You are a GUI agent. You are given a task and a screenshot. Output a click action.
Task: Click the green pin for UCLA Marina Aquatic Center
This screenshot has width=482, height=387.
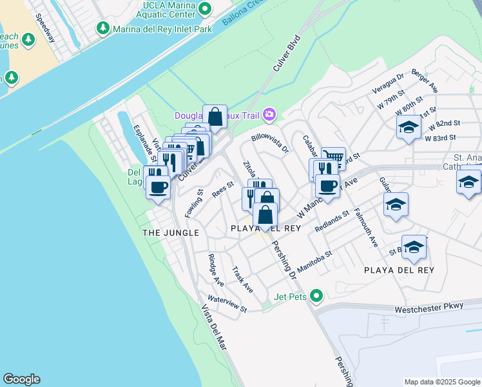click(205, 8)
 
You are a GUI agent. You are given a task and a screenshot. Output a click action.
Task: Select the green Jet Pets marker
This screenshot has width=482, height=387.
click(316, 296)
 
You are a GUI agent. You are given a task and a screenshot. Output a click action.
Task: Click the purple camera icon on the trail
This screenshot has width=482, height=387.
click(269, 115)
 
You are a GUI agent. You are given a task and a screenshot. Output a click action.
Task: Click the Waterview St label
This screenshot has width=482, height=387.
click(227, 304)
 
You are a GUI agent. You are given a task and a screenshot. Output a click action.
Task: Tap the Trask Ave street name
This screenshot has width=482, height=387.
click(243, 279)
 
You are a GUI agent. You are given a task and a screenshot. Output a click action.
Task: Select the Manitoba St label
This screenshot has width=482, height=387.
click(314, 261)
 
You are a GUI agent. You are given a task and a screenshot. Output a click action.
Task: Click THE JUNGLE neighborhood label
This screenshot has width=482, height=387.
click(171, 232)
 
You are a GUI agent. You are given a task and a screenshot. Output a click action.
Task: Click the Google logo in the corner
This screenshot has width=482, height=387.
click(21, 379)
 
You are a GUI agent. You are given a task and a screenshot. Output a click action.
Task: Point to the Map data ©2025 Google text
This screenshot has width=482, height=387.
click(442, 382)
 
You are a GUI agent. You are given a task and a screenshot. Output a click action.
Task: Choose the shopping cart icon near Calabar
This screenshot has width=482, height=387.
click(333, 158)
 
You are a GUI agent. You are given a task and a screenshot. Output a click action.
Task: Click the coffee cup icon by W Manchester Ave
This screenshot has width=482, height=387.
click(327, 186)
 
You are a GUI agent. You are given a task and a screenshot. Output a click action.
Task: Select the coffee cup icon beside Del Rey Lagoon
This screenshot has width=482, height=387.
click(159, 188)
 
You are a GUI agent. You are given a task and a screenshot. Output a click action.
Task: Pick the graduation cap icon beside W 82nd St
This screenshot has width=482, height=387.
click(409, 127)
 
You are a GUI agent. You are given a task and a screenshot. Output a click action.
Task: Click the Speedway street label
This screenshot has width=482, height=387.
click(46, 28)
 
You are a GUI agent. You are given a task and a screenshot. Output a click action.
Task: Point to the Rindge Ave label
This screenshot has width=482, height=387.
click(216, 270)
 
